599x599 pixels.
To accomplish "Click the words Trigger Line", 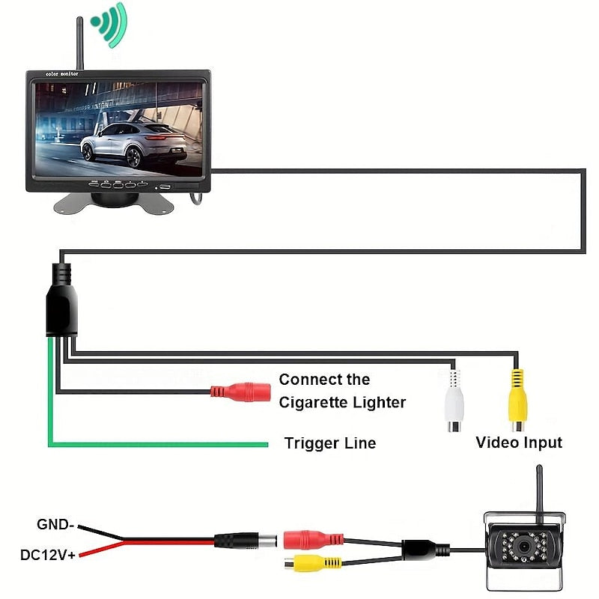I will (329, 443).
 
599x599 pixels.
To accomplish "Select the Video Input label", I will (518, 443).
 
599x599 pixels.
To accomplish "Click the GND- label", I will (55, 524).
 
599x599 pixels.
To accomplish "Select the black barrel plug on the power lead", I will (240, 540).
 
